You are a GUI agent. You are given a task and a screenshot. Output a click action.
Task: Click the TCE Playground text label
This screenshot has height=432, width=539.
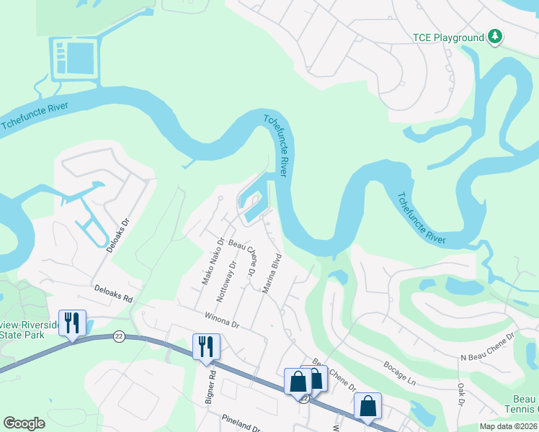[447, 37]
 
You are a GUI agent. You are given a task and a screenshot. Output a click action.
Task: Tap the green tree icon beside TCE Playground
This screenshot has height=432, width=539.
[494, 36]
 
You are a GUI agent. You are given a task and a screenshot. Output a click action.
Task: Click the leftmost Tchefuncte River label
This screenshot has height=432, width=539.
[35, 116]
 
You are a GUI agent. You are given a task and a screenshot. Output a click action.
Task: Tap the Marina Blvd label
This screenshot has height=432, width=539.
[271, 273]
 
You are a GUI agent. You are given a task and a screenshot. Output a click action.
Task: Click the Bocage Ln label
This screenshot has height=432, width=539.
[400, 372]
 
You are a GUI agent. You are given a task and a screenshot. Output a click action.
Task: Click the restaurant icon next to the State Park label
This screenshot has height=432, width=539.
[71, 323]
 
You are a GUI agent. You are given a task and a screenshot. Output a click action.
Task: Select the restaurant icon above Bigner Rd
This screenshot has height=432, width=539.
[206, 346]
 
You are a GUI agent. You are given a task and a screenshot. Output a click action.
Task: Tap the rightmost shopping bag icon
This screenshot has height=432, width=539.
[367, 405]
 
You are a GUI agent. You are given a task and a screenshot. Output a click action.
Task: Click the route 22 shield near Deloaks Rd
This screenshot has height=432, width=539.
[118, 336]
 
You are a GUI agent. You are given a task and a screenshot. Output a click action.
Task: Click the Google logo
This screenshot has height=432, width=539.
[24, 423]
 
